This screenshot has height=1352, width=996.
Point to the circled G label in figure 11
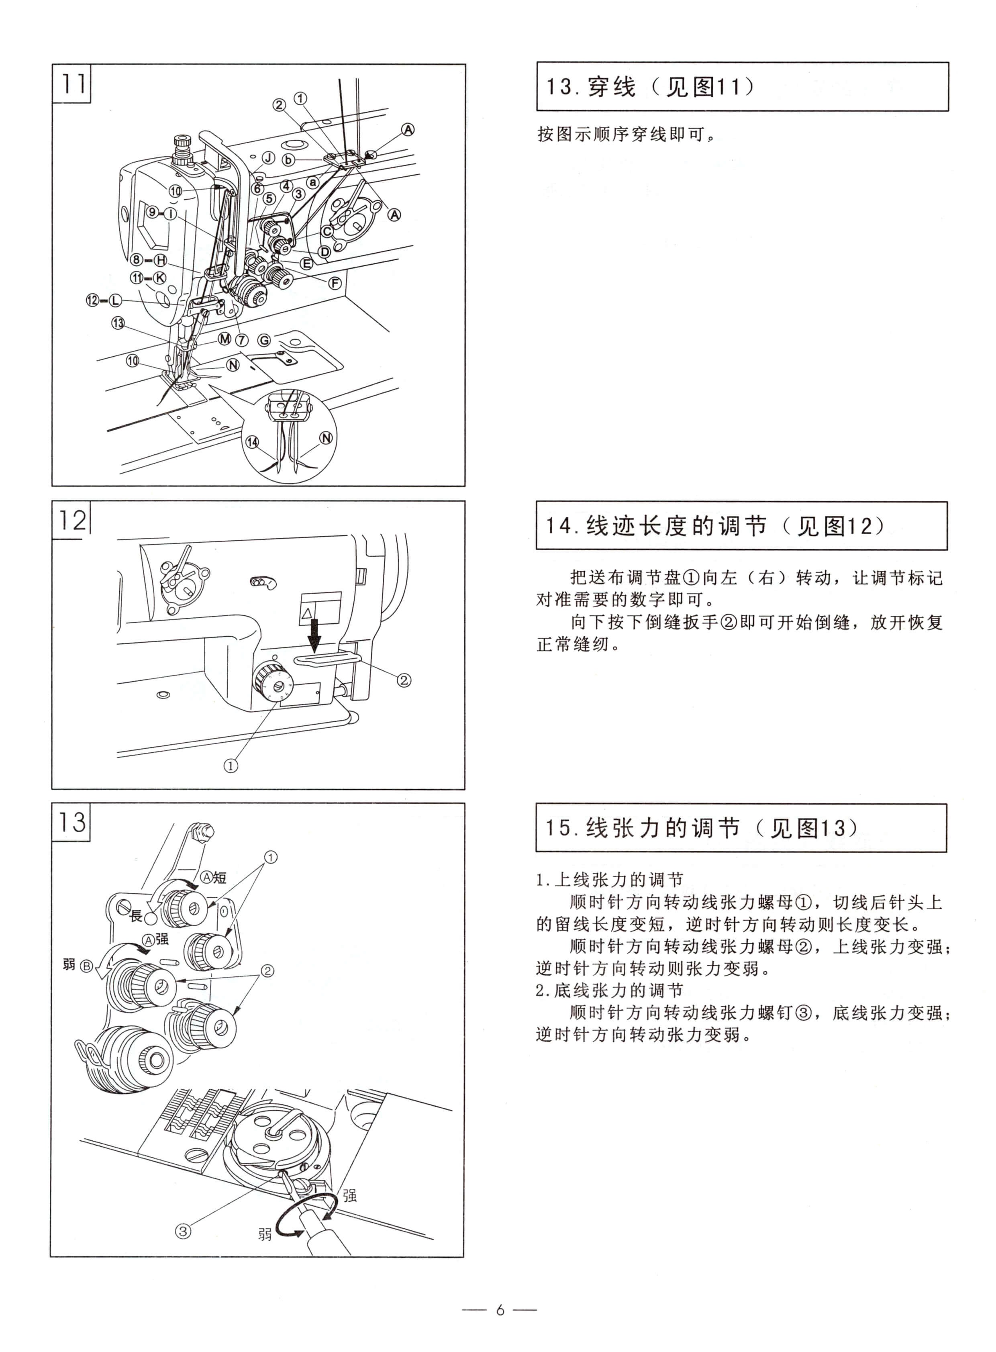click(x=264, y=341)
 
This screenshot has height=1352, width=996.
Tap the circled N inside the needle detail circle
click(x=326, y=438)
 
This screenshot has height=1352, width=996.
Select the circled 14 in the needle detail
click(x=252, y=442)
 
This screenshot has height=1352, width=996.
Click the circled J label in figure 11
click(x=268, y=158)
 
